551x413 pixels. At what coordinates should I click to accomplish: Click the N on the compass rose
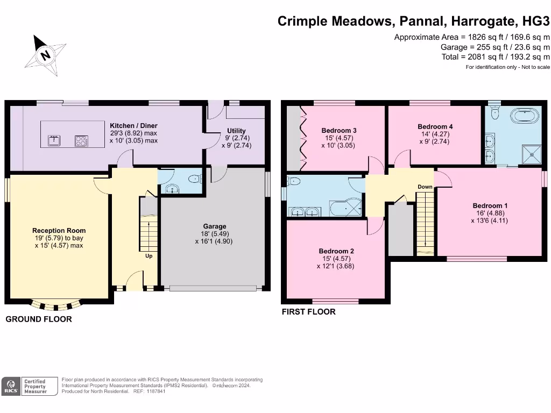tap(45, 55)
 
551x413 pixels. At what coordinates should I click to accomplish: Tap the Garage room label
tap(214, 226)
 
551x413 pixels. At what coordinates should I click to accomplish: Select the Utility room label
tap(236, 131)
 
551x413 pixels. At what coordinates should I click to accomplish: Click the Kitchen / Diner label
tap(133, 126)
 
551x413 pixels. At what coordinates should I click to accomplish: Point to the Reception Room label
tap(59, 231)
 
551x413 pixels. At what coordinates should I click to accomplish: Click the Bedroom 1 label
tap(490, 206)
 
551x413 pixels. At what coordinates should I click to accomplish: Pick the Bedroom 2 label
tap(336, 251)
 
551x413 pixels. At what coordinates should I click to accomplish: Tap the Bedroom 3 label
tap(339, 131)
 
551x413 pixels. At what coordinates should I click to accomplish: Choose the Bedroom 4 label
tap(435, 127)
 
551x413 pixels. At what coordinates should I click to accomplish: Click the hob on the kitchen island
tap(82, 141)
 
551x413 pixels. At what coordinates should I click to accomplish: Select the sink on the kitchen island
tap(54, 140)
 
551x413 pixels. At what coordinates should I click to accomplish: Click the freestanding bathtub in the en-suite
tap(524, 116)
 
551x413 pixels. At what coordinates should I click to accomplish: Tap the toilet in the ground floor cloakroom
tap(195, 179)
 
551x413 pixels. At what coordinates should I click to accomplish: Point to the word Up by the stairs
tap(149, 256)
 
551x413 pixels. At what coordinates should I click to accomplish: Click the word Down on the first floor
tap(425, 187)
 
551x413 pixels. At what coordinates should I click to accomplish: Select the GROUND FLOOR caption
tap(39, 319)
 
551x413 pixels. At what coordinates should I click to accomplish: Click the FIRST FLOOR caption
tap(308, 312)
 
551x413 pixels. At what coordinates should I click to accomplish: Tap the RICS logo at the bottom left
tap(11, 387)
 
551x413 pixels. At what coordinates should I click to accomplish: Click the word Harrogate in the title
tap(484, 21)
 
